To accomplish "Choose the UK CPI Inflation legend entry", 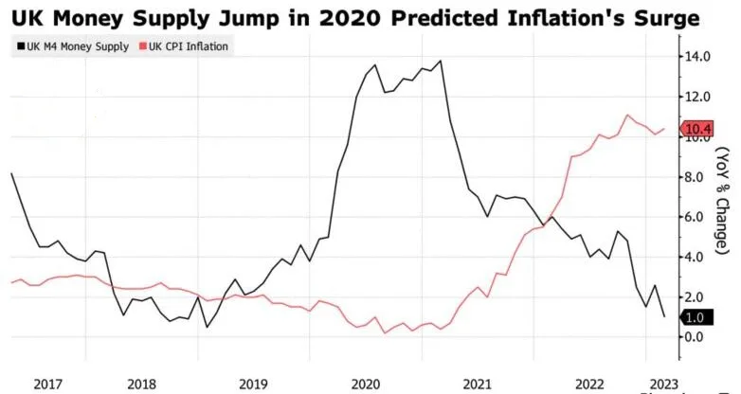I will [x=190, y=45].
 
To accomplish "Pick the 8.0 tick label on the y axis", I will [x=701, y=177].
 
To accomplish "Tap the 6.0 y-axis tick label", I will [x=701, y=217].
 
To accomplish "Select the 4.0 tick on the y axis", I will [x=701, y=257].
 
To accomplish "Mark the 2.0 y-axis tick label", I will [x=701, y=296].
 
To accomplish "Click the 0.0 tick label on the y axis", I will [x=701, y=336].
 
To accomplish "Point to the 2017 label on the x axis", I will [x=48, y=383].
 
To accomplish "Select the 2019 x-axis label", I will [x=253, y=383].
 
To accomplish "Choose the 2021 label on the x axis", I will [x=477, y=383].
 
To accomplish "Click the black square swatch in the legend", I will [x=20, y=45].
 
